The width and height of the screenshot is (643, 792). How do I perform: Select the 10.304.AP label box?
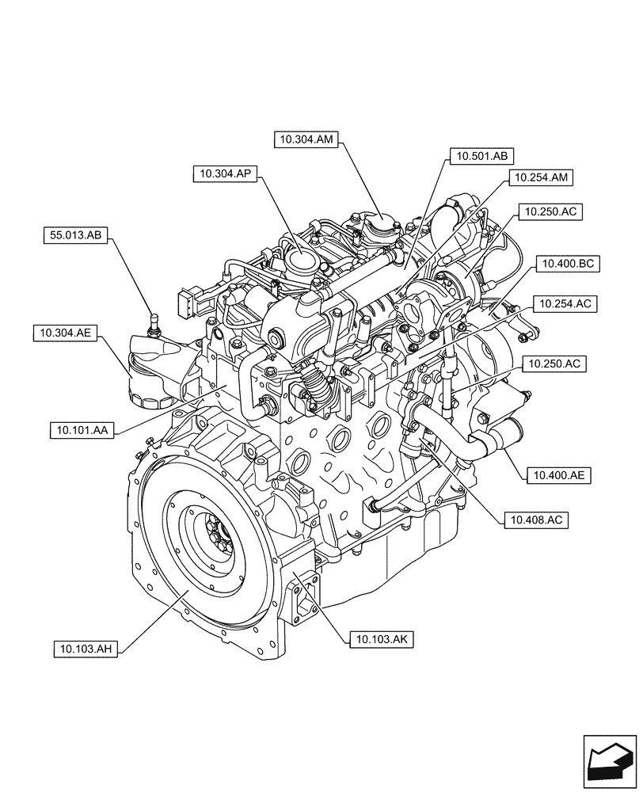pyautogui.click(x=226, y=173)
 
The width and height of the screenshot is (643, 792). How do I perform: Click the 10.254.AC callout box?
pyautogui.click(x=565, y=303)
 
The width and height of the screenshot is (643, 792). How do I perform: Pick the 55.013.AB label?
pyautogui.click(x=76, y=234)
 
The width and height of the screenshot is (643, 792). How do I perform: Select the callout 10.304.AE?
pyautogui.click(x=64, y=333)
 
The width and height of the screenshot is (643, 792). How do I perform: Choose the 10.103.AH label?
pyautogui.click(x=86, y=649)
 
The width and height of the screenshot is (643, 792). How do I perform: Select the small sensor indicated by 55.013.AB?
pyautogui.click(x=153, y=323)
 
